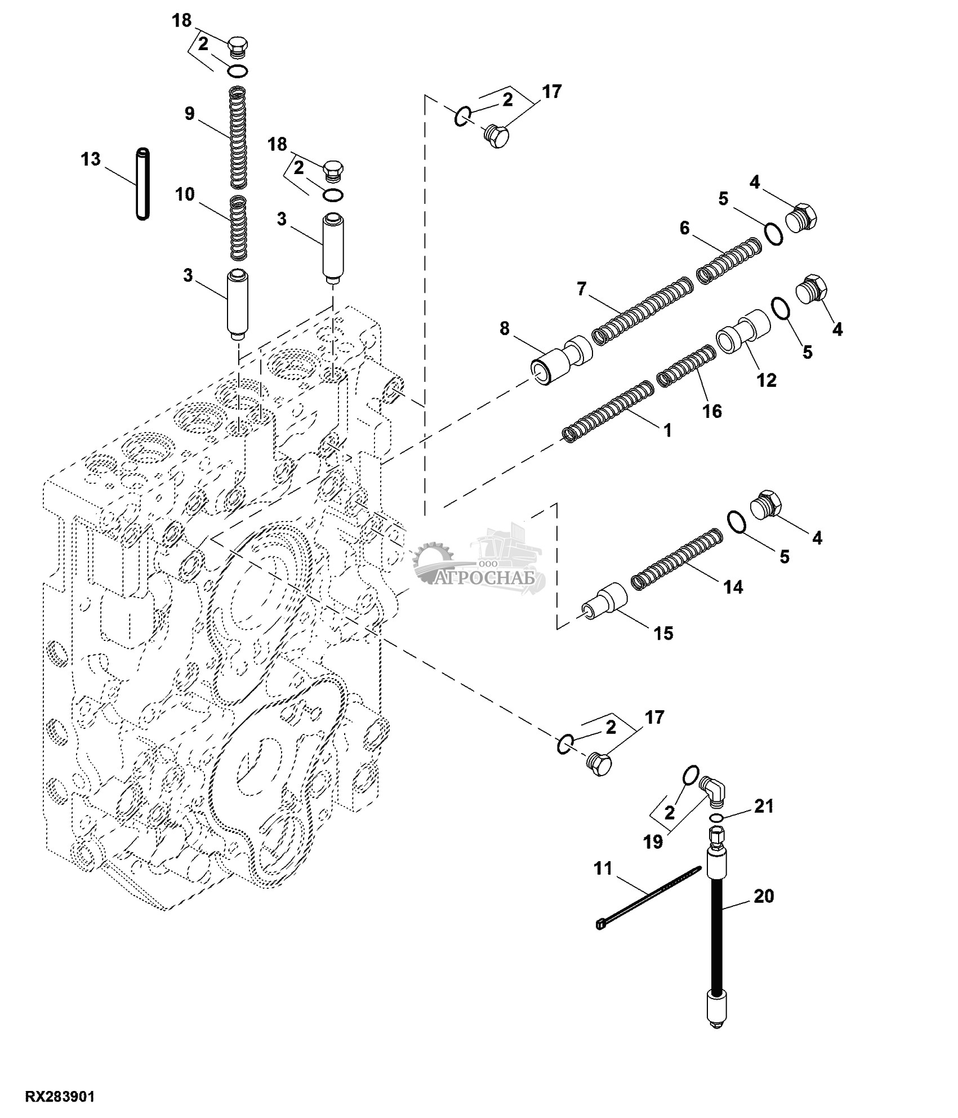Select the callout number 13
[90, 159]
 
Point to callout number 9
[190, 114]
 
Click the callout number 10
[185, 195]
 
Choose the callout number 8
[504, 328]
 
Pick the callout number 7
[582, 289]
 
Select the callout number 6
[684, 228]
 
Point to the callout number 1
[667, 431]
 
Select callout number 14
[733, 587]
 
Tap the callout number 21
[764, 807]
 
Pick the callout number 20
[764, 896]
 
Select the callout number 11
[603, 868]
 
